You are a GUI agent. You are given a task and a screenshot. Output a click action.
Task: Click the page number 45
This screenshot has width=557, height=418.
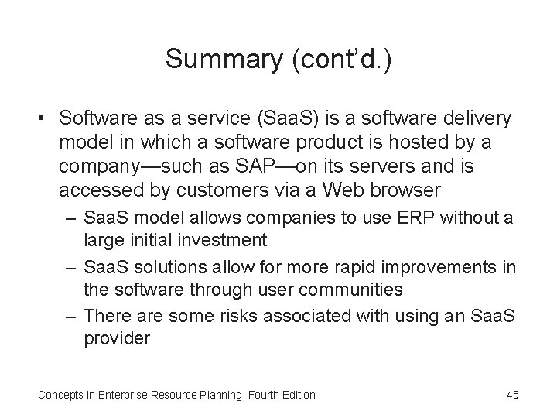[x=511, y=395]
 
